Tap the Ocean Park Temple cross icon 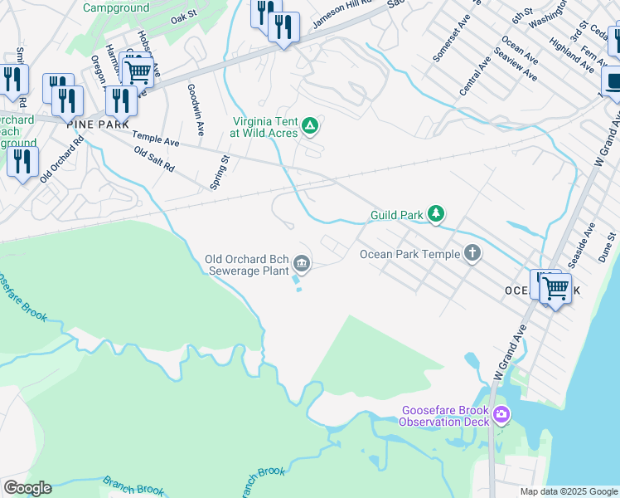472,253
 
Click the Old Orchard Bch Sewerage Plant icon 302,265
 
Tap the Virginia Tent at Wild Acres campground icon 310,126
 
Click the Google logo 27,488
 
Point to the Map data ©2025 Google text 568,491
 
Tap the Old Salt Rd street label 154,160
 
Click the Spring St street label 219,172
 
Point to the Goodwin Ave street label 196,110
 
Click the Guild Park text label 396,215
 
